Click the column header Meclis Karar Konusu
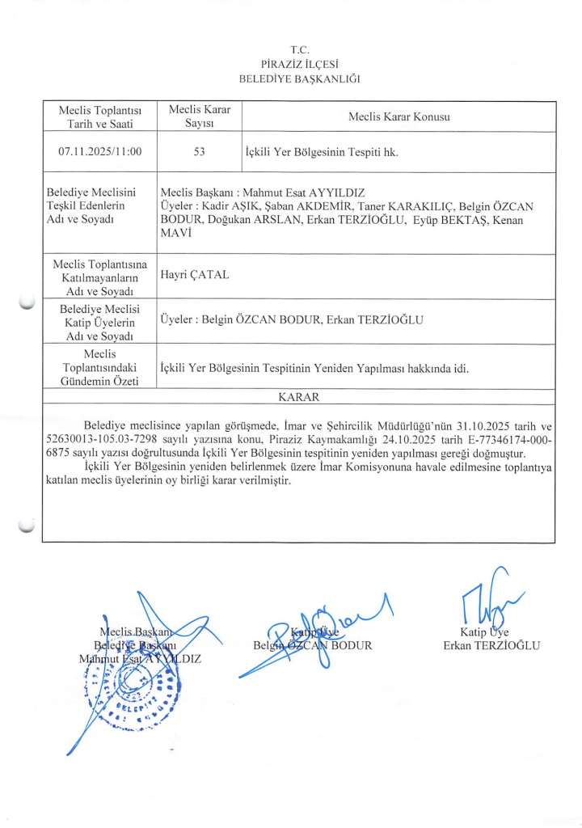399,116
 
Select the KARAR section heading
298,397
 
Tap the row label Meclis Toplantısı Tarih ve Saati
100,116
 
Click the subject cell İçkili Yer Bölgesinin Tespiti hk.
321,151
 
